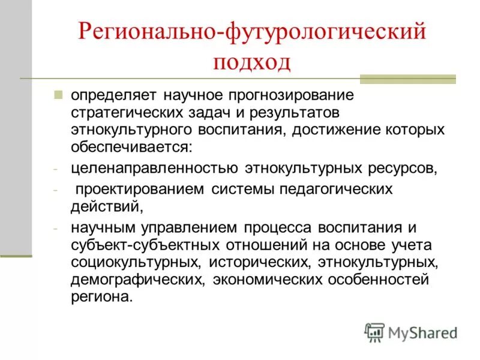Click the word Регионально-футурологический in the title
(252, 32)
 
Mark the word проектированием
(140, 190)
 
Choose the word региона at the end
(100, 297)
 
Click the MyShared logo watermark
(411, 332)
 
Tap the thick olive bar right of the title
(407, 79)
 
